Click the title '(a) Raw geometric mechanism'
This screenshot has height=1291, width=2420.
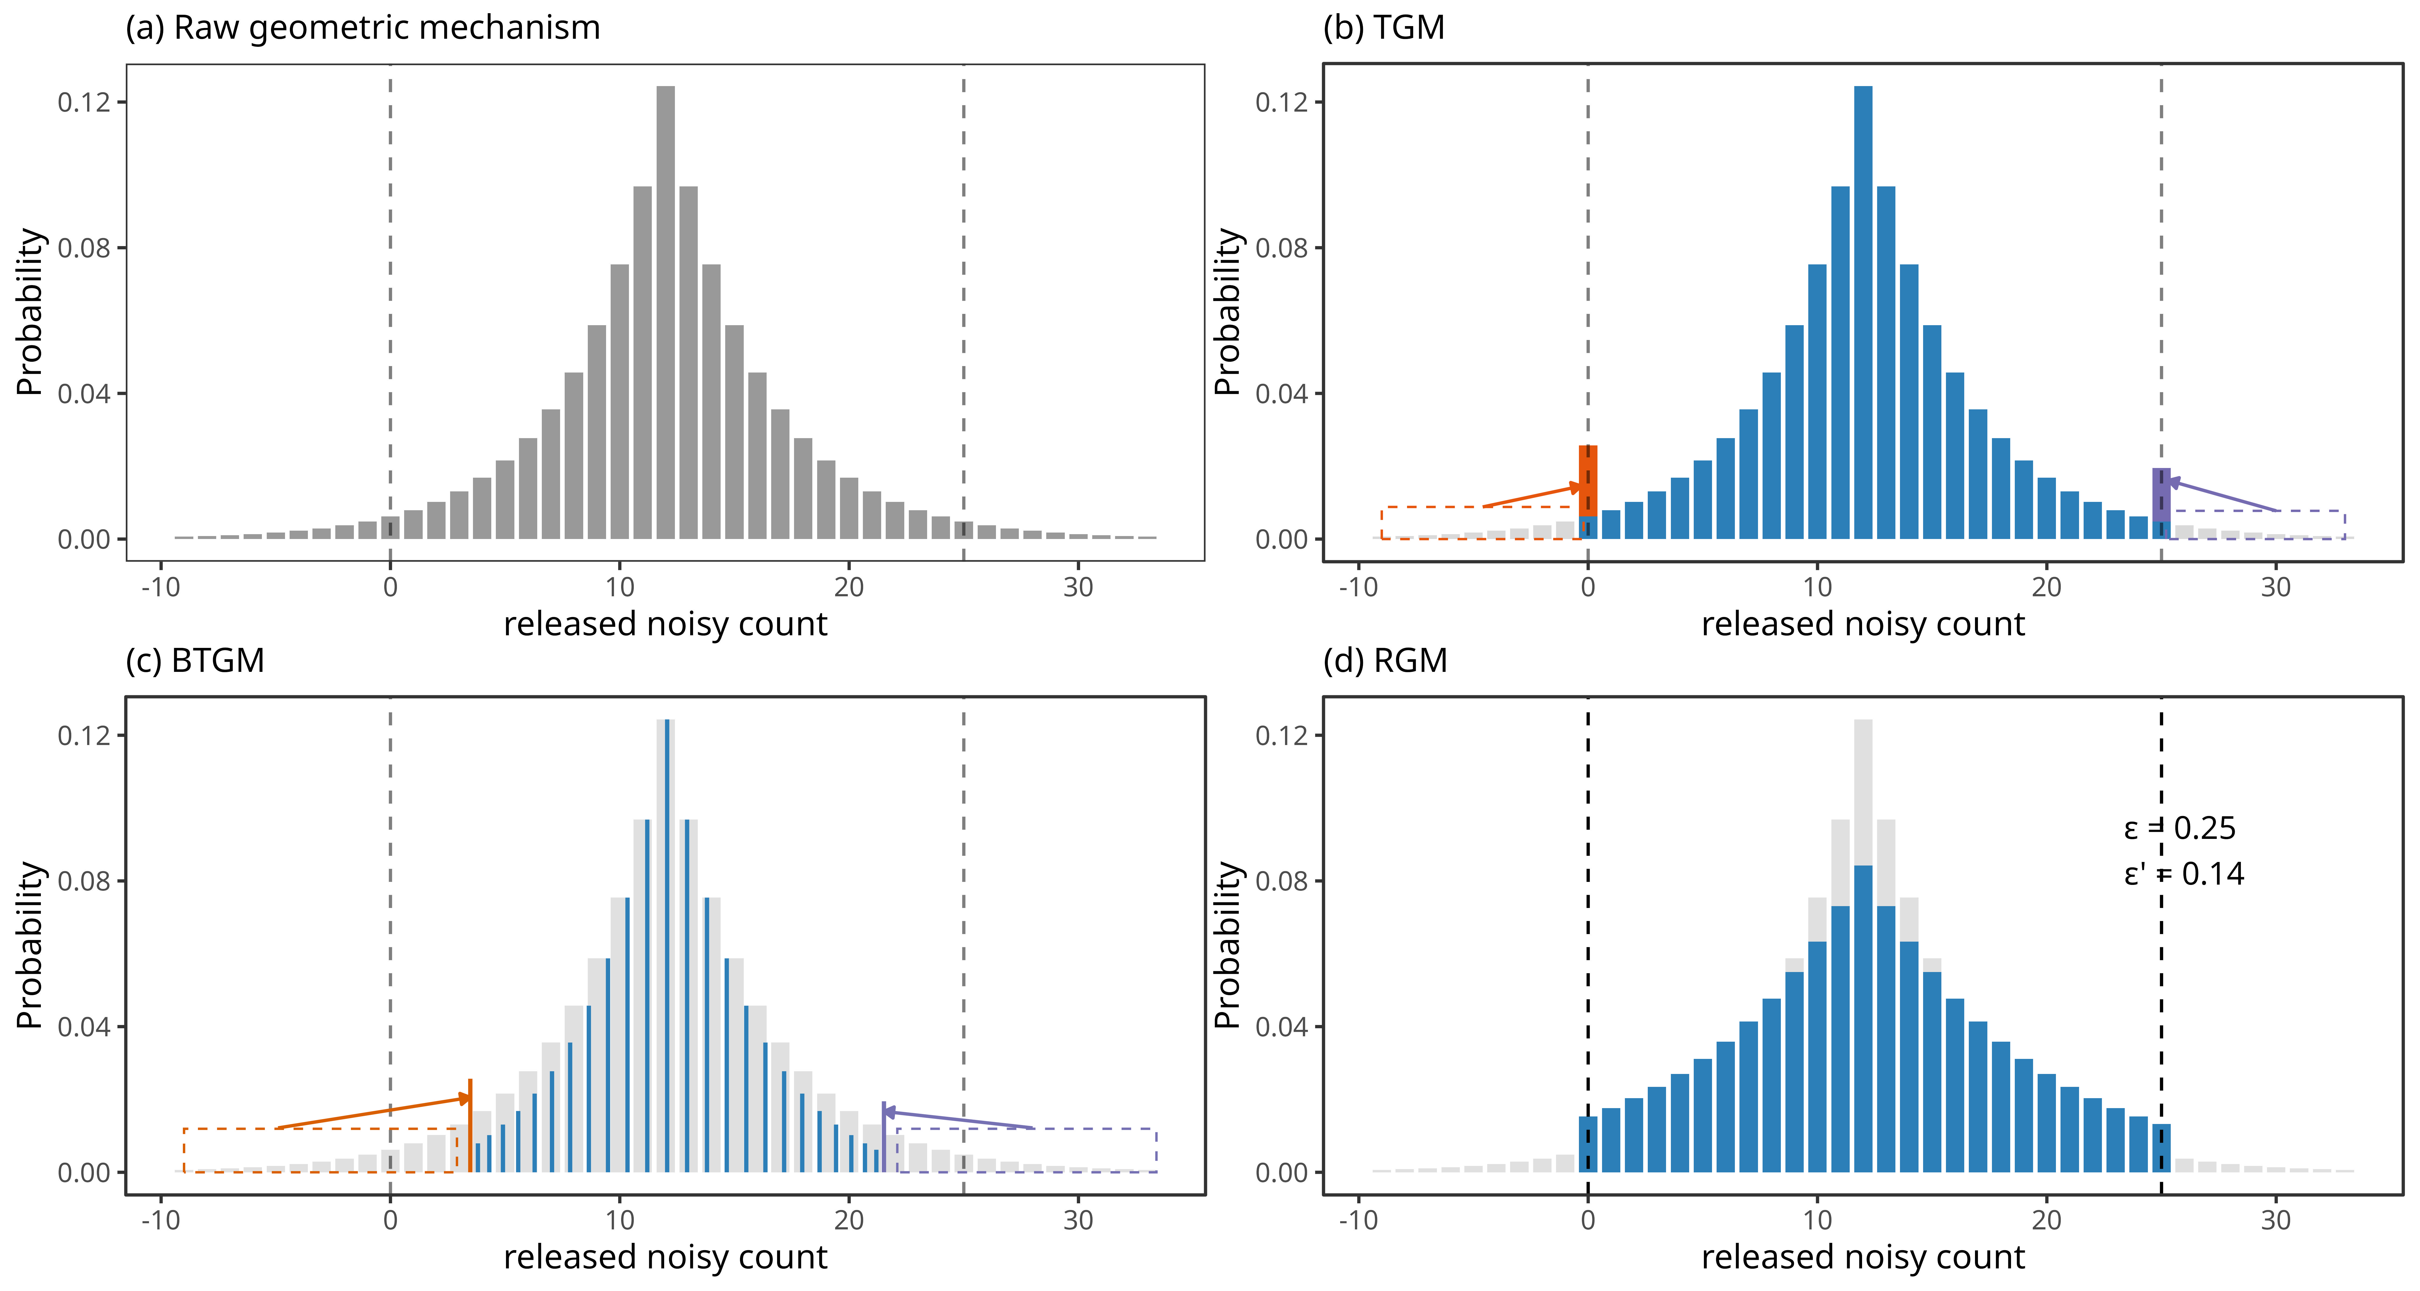[x=363, y=28]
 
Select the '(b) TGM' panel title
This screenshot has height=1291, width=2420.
[x=1383, y=28]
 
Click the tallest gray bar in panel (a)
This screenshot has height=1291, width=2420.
[x=665, y=310]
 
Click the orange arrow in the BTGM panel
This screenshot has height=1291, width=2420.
[x=376, y=1112]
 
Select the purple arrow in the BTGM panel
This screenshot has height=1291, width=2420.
[x=958, y=1120]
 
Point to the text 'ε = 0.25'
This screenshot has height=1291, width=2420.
[x=2180, y=829]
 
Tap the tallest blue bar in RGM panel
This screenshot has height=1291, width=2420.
[x=1863, y=1015]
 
